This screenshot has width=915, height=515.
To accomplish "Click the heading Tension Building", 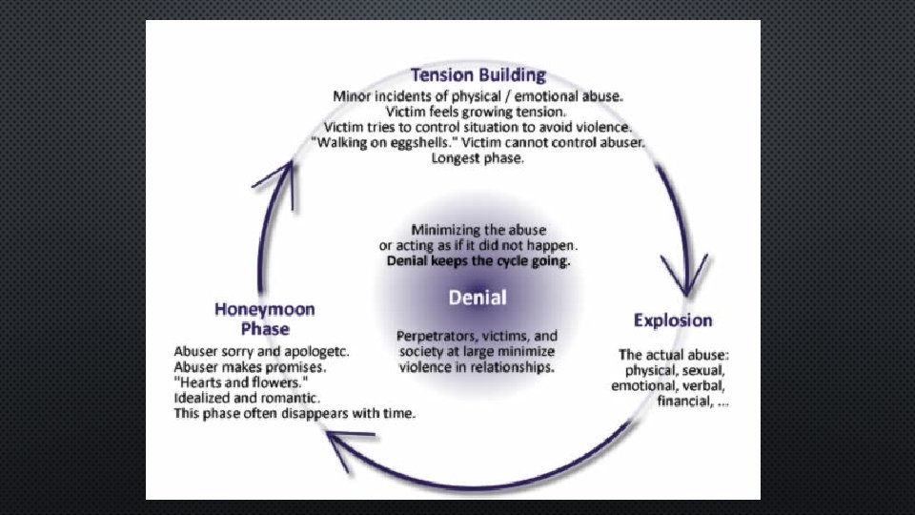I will tap(478, 74).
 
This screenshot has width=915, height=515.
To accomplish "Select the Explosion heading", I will tap(673, 319).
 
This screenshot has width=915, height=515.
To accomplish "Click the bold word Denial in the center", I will tap(478, 297).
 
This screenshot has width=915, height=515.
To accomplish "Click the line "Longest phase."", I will tap(478, 158).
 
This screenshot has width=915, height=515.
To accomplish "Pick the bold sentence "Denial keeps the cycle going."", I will tap(478, 260).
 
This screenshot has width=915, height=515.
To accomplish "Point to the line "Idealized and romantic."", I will tap(247, 397).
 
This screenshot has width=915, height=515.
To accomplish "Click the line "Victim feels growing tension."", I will tap(478, 112).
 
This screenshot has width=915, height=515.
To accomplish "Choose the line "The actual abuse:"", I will tap(674, 355).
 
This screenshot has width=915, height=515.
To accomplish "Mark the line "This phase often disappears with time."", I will tap(295, 413).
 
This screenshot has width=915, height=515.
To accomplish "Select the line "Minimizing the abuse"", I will tap(478, 230).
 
